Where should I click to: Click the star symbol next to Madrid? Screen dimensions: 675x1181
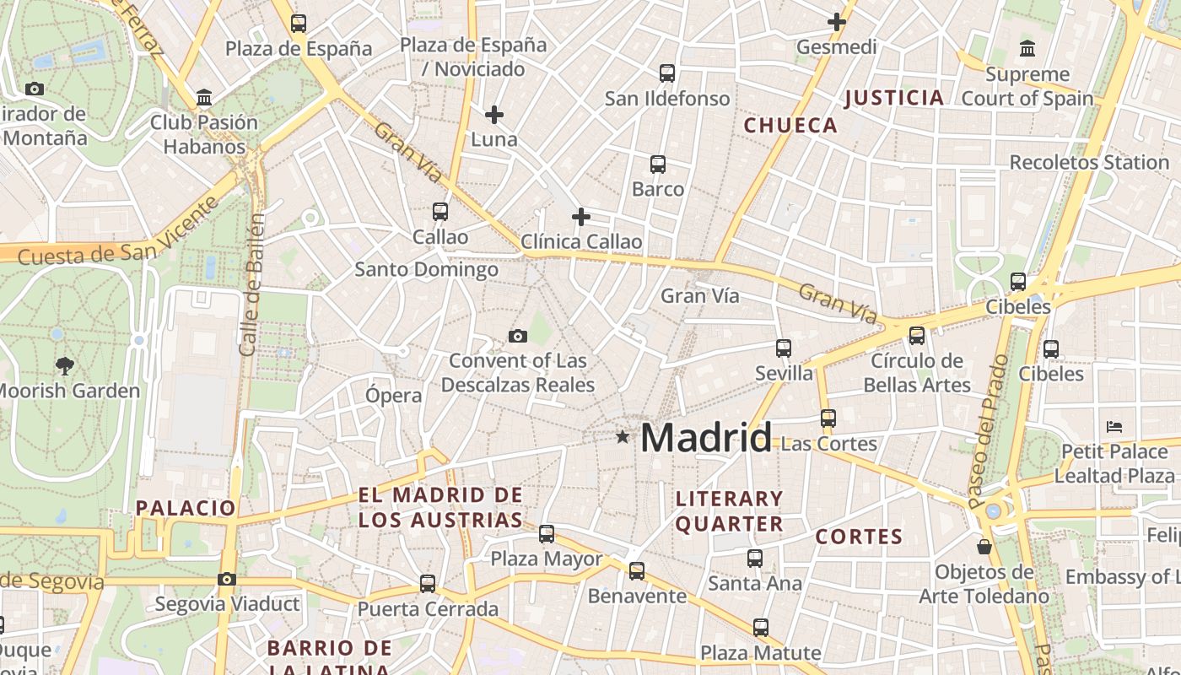coord(623,436)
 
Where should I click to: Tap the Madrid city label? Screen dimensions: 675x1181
coord(705,438)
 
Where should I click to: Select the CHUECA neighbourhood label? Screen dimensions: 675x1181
coord(790,126)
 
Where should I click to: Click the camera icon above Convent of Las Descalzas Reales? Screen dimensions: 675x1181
coord(518,336)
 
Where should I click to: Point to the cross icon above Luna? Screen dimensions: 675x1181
coord(494,114)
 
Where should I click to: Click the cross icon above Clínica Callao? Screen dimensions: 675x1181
coord(581,217)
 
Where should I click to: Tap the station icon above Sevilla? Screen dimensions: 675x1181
coord(784,348)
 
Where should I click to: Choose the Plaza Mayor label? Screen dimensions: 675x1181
coord(547,559)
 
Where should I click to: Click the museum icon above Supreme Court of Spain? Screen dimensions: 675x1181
coord(1027,49)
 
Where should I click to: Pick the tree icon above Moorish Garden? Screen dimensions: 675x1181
coord(64,365)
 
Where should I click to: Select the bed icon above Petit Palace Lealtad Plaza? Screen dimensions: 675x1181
coord(1114,426)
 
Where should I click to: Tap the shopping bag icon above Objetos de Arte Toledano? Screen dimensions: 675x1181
coord(984,547)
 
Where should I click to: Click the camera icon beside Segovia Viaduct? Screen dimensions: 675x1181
coord(227,579)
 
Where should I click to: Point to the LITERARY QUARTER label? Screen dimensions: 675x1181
coord(730,511)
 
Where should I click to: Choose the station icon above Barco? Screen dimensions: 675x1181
coord(658,165)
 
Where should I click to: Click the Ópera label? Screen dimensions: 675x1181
coord(394,395)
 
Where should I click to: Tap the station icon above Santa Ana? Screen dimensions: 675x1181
coord(755,558)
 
